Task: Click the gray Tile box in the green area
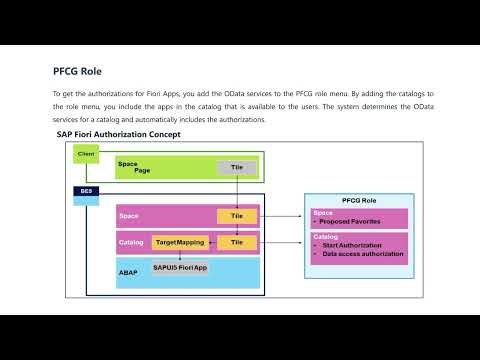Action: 237,166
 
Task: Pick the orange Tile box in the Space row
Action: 237,215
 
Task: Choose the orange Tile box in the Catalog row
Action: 237,242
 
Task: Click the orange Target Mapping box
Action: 180,242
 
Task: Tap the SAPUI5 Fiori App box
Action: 180,268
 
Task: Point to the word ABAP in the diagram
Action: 127,271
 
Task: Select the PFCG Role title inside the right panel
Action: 358,199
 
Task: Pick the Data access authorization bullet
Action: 363,254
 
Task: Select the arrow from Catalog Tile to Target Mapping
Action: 212,242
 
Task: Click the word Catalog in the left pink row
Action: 131,242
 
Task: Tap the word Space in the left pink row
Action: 128,215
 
